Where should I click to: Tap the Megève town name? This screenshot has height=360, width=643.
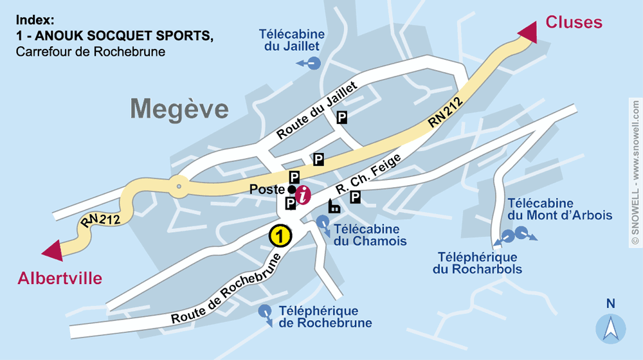(179, 109)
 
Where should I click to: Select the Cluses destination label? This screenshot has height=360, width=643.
(574, 22)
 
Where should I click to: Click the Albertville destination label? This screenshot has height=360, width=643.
(60, 278)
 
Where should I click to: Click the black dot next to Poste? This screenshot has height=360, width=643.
(291, 190)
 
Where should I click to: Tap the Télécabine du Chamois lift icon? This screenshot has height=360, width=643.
(321, 222)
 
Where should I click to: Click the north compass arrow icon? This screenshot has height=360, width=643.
(610, 328)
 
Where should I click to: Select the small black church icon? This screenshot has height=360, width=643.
(334, 206)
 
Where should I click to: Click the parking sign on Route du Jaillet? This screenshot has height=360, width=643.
(342, 116)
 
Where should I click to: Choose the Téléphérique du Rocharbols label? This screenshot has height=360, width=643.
(477, 264)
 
